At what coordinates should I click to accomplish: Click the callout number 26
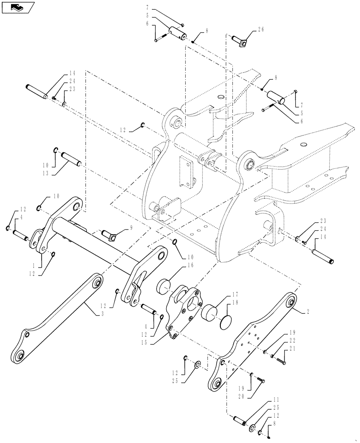[x=260, y=31]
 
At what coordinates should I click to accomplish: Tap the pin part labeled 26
[x=240, y=40]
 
